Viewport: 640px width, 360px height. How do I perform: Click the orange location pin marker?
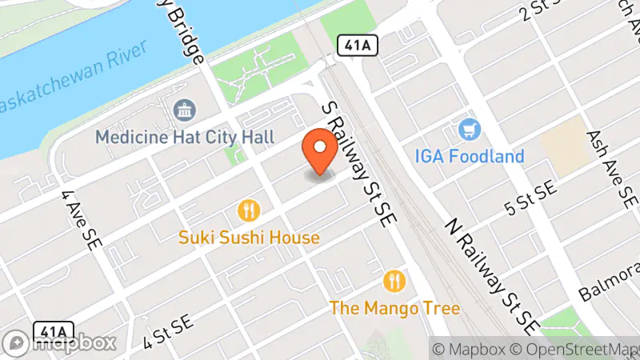click(320, 150)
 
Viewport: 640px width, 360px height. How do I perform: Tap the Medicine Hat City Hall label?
click(185, 137)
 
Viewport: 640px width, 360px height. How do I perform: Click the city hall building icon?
click(185, 112)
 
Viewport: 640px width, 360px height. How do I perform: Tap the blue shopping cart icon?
click(469, 129)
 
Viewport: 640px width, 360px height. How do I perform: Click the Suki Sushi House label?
click(249, 238)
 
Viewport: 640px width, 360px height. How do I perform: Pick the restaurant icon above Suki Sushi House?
click(249, 211)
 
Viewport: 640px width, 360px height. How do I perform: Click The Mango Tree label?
click(394, 307)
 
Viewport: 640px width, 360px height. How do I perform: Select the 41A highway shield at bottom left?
click(53, 330)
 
